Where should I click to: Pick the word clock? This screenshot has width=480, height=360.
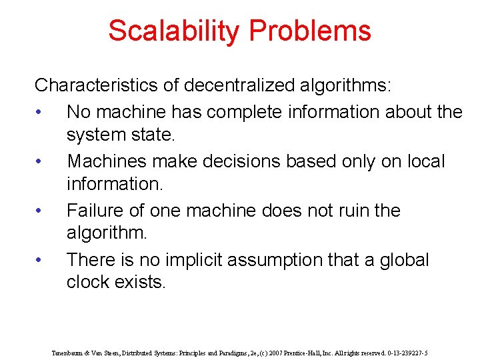[89, 282]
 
